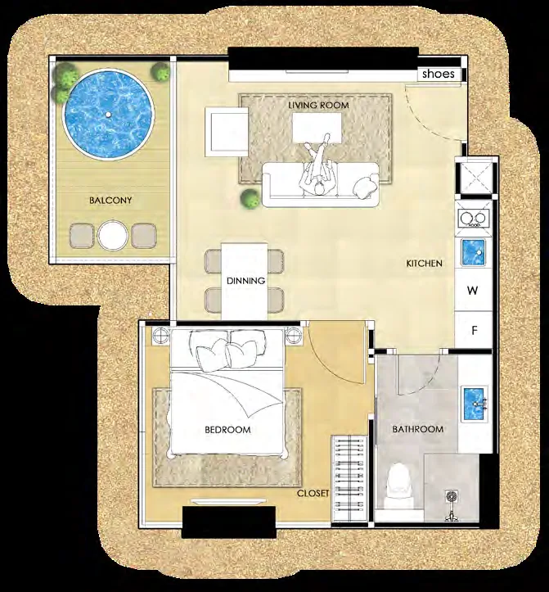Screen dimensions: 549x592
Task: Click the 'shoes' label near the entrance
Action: click(x=439, y=74)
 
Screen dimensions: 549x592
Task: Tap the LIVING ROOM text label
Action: click(x=318, y=105)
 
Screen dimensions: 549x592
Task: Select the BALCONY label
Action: click(x=110, y=200)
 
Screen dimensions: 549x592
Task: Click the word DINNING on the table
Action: click(x=245, y=281)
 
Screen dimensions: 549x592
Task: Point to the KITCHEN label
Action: click(x=424, y=263)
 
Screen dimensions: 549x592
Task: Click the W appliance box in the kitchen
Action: click(x=474, y=290)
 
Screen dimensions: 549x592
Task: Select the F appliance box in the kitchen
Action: click(x=474, y=330)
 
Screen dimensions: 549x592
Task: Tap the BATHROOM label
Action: click(x=418, y=429)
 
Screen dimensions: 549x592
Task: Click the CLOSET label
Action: click(x=313, y=493)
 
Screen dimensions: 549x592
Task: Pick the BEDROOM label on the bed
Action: click(x=227, y=429)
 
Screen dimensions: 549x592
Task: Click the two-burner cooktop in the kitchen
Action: click(x=474, y=219)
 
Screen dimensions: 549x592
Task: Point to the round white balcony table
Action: click(x=112, y=235)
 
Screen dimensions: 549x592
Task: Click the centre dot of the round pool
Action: click(x=108, y=114)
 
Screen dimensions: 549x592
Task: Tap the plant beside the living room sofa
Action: click(x=250, y=198)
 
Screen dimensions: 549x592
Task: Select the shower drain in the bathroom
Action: click(x=452, y=495)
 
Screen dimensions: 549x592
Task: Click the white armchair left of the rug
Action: click(x=227, y=132)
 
